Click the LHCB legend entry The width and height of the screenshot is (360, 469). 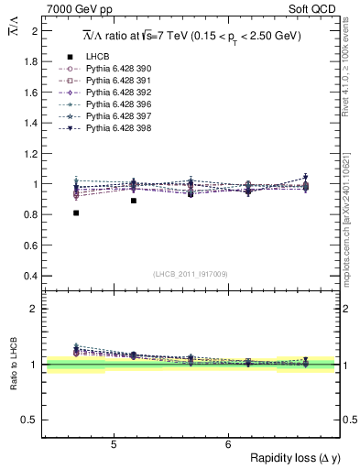96,57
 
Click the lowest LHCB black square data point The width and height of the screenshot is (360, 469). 76,213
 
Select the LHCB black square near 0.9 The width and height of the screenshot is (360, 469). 134,201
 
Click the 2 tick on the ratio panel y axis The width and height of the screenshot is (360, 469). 35,309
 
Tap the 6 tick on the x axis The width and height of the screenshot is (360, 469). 228,445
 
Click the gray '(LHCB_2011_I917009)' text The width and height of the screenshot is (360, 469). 190,273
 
